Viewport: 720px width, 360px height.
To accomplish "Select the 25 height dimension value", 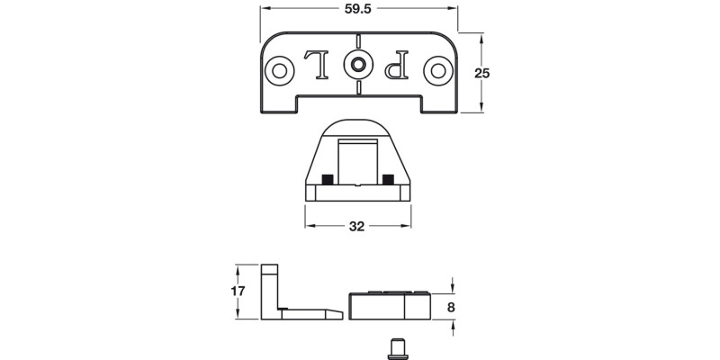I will click(481, 74).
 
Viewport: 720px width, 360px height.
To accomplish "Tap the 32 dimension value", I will click(356, 226).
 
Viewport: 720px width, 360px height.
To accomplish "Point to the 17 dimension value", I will click(237, 292).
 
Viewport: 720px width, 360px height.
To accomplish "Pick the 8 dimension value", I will click(453, 307).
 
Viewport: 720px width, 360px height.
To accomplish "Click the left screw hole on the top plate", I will click(280, 68).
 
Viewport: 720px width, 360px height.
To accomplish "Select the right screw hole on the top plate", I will click(437, 68).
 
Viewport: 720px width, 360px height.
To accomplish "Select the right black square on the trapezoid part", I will click(388, 177).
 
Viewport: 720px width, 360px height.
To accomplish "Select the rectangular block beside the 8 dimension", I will click(390, 306).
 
